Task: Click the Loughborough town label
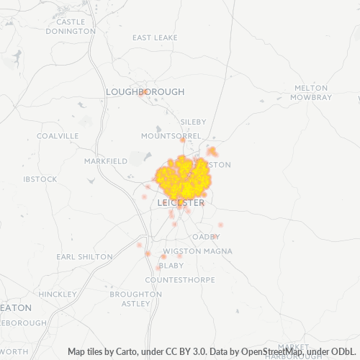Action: click(145, 92)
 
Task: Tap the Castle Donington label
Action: click(70, 27)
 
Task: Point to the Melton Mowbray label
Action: click(312, 92)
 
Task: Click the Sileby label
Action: click(193, 122)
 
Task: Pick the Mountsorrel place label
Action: click(172, 136)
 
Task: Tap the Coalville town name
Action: click(58, 135)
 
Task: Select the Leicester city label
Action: click(180, 203)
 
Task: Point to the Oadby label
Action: click(205, 236)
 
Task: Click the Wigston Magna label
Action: click(186, 251)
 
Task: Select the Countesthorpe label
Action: click(175, 279)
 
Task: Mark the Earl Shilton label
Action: click(84, 256)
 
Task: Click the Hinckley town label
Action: click(58, 294)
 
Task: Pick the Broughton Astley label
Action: click(135, 299)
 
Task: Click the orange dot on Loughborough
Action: click(143, 92)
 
